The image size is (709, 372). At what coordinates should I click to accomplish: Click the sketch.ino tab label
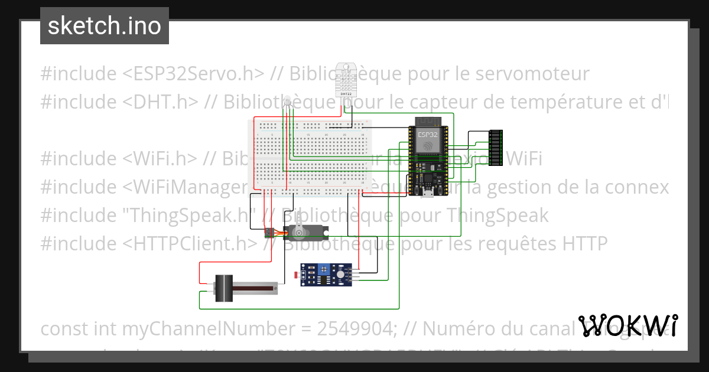(x=105, y=26)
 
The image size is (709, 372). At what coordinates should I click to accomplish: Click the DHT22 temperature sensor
(x=345, y=80)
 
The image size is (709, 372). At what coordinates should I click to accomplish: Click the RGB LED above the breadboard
(x=288, y=105)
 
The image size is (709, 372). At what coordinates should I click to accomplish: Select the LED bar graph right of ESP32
(x=496, y=148)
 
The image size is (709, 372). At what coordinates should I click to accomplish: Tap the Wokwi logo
(x=627, y=326)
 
